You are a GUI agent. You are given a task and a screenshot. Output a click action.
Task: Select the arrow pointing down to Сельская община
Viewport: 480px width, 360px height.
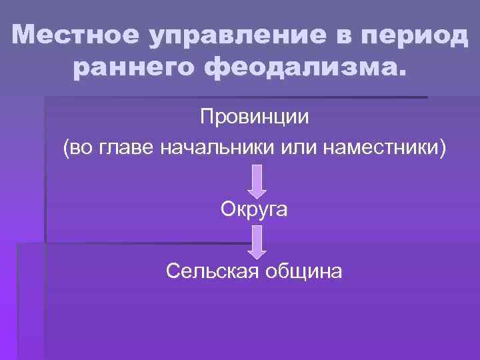point(257,242)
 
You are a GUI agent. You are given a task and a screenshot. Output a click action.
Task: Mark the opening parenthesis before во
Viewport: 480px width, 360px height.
point(65,147)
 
